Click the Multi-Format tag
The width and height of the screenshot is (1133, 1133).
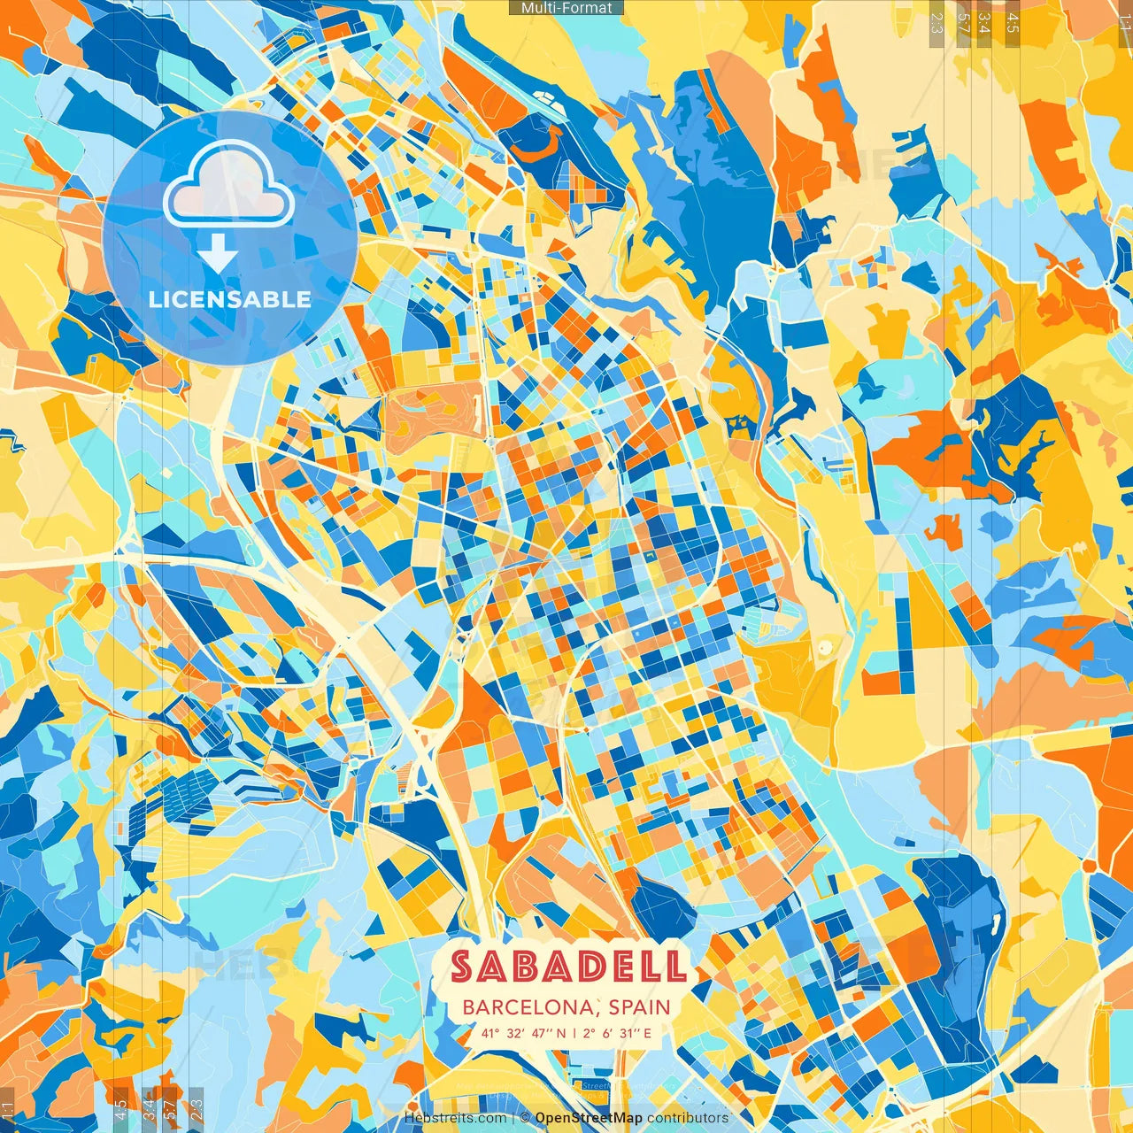(x=566, y=8)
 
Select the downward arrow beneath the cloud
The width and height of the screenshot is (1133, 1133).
(x=218, y=254)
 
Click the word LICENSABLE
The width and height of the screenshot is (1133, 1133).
(x=229, y=299)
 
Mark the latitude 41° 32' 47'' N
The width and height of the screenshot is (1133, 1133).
(x=523, y=1033)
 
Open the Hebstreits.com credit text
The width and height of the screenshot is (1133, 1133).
(x=455, y=1118)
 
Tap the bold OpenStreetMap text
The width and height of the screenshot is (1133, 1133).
(x=589, y=1118)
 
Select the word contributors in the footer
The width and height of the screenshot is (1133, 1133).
(x=688, y=1118)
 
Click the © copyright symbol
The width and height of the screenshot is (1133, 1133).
(x=525, y=1118)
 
